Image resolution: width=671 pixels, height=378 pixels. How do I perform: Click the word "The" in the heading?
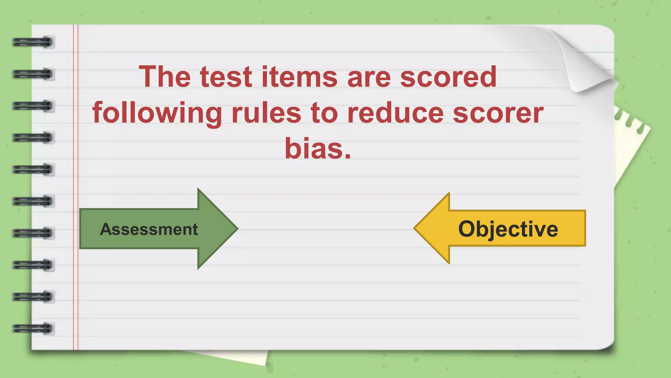pyautogui.click(x=164, y=77)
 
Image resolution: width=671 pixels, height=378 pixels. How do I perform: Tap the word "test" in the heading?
pyautogui.click(x=226, y=77)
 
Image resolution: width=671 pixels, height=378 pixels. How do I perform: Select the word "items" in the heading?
pyautogui.click(x=299, y=77)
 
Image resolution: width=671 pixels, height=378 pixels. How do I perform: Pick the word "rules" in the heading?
pyautogui.click(x=266, y=113)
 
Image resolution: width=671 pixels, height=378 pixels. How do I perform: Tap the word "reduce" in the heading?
pyautogui.click(x=395, y=113)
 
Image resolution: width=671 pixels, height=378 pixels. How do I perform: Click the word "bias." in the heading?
pyautogui.click(x=317, y=148)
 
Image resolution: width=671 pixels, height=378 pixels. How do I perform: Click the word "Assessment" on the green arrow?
pyautogui.click(x=149, y=229)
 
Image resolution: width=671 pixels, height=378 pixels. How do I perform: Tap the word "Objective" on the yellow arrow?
pyautogui.click(x=508, y=229)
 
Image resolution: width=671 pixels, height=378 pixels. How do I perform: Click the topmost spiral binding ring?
pyautogui.click(x=33, y=42)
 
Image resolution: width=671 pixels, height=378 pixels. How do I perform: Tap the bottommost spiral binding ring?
pyautogui.click(x=33, y=328)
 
